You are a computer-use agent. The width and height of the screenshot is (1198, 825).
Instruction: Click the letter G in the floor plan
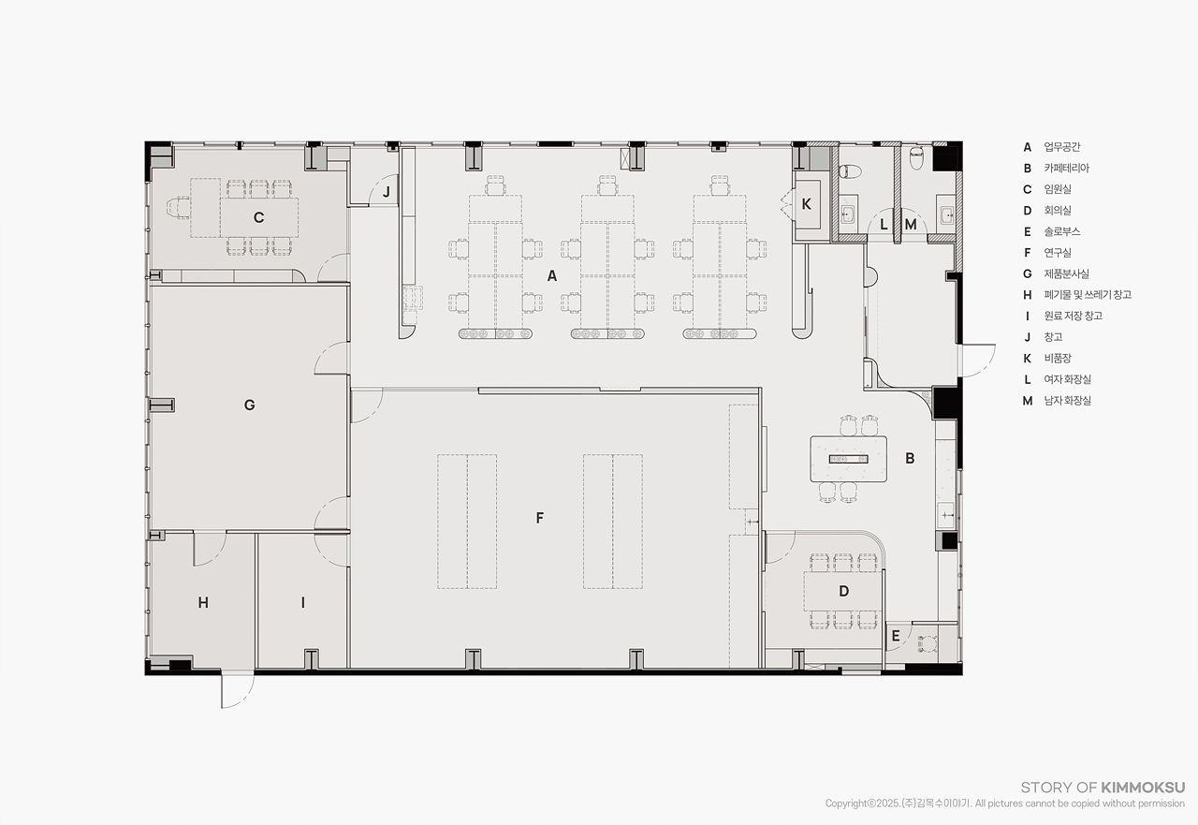(x=249, y=405)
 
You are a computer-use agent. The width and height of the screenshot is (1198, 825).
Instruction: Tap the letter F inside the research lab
(x=540, y=517)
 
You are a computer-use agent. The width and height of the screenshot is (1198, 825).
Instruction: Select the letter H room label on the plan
(x=203, y=602)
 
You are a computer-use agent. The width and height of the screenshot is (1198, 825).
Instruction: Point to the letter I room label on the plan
(x=303, y=602)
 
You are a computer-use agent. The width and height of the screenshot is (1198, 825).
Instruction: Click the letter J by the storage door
(x=387, y=192)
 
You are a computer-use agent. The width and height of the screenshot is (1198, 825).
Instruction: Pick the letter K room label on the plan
(x=807, y=204)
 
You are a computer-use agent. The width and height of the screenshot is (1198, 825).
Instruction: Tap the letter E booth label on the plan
(x=896, y=636)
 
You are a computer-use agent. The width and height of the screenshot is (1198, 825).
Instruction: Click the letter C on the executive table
(x=259, y=217)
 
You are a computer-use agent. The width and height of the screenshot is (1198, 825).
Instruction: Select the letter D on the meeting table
(x=844, y=591)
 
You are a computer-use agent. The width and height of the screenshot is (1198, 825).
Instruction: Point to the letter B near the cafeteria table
(x=910, y=458)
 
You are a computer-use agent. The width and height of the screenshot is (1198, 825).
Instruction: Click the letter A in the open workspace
(x=552, y=275)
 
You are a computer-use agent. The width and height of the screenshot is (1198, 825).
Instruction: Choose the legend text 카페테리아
(x=1066, y=168)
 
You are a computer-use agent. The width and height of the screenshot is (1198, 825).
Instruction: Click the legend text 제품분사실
(x=1066, y=273)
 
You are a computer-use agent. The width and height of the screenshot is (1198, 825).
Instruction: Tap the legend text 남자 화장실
(x=1068, y=400)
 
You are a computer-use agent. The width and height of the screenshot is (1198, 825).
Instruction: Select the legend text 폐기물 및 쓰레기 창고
(x=1088, y=295)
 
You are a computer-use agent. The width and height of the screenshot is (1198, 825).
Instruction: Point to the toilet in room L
(x=850, y=171)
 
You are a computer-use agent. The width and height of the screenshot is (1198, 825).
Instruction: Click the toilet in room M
(x=916, y=158)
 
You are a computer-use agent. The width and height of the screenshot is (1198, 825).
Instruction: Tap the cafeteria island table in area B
(x=848, y=459)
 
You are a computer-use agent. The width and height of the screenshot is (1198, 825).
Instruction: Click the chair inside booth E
(x=928, y=643)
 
